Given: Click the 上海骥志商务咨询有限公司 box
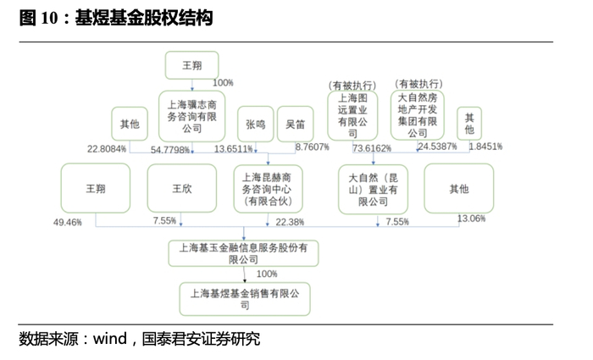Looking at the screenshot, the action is pos(192,116).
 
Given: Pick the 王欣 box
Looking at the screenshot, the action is pos(181,188).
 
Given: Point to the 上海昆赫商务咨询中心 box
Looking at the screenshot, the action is pos(268,188).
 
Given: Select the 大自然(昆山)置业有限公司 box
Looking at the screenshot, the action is pos(373,188).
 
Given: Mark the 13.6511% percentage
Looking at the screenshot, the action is pos(234,149).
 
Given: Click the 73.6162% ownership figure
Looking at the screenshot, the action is pos(372,148).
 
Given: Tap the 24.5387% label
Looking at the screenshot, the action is pos(437,147).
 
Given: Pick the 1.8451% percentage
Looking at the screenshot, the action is pos(485,147).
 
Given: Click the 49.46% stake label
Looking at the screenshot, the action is pos(67,222).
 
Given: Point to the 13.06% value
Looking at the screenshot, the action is pos(471,219).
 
